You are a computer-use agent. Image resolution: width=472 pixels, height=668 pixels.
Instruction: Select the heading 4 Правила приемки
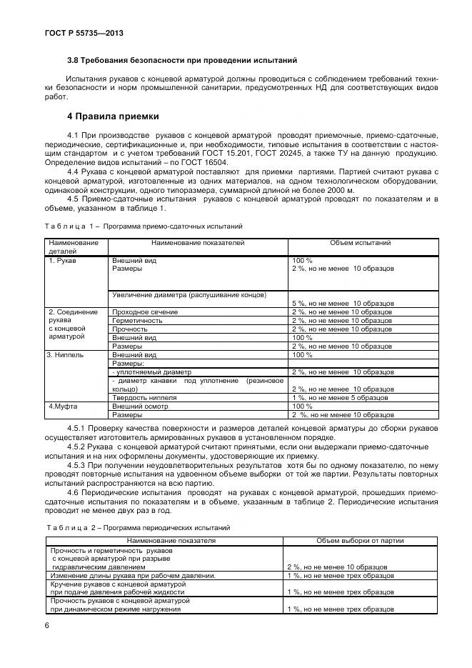coord(113,116)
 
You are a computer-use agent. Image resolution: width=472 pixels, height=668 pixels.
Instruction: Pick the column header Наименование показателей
coord(198,243)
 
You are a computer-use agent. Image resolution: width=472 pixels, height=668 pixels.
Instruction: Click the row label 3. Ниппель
coord(66,354)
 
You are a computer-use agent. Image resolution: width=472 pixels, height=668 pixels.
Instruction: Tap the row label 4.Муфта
coord(62,406)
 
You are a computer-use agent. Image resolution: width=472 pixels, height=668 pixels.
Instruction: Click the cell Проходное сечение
coord(144,312)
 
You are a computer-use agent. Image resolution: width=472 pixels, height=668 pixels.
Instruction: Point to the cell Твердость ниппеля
coord(146,397)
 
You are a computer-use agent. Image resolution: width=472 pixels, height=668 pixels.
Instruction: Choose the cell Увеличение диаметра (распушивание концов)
coord(189,294)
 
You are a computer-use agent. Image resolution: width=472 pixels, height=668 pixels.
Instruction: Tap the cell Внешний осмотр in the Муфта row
coord(141,406)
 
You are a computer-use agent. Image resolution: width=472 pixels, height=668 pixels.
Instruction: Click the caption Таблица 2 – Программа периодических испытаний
coord(139,527)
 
